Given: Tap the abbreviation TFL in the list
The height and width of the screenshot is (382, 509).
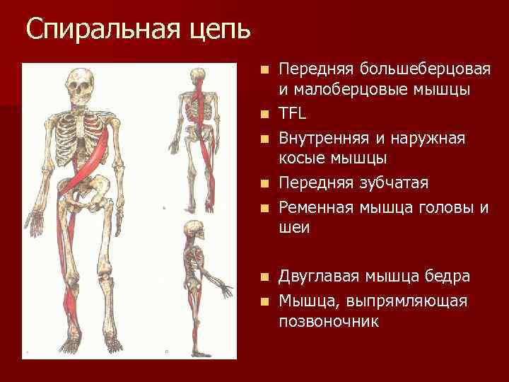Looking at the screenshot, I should click(292, 114).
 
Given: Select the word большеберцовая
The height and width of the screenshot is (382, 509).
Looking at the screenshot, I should click(425, 69).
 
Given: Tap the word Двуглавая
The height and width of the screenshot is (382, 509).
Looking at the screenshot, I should click(320, 277).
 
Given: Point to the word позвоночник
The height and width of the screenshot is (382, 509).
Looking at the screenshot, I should click(329, 321).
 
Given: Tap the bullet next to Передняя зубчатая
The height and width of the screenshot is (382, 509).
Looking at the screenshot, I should click(264, 184).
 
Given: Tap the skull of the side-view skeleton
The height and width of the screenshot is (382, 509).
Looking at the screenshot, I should click(192, 230).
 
